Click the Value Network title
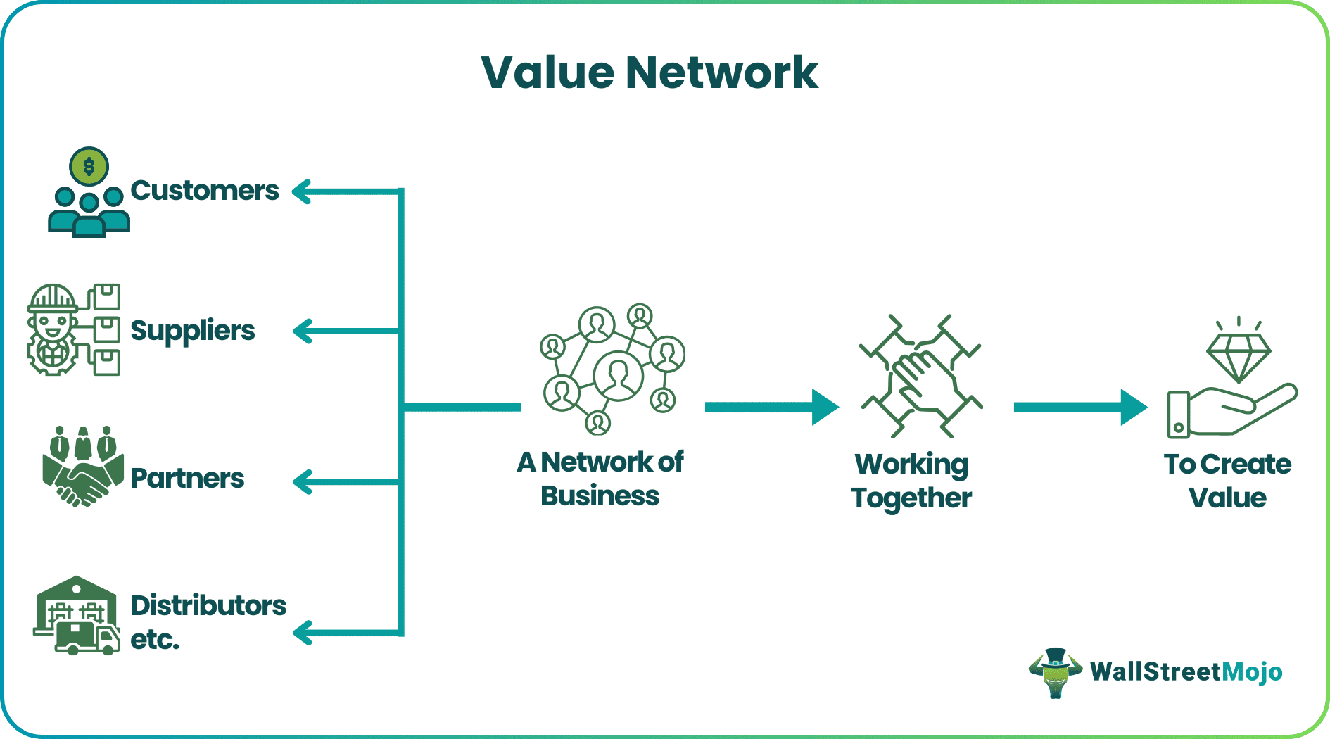point(650,72)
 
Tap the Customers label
point(205,191)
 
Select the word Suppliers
point(193,331)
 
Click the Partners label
point(187,479)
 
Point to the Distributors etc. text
point(208,621)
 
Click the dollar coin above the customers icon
point(89,167)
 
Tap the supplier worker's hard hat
point(52,298)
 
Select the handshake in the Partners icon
point(83,484)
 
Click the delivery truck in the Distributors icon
point(87,638)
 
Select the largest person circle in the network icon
point(618,375)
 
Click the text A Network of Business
point(600,479)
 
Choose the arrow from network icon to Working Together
point(771,407)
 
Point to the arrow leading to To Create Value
point(1080,407)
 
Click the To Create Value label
point(1227,481)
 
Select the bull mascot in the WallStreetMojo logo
point(1055,672)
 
